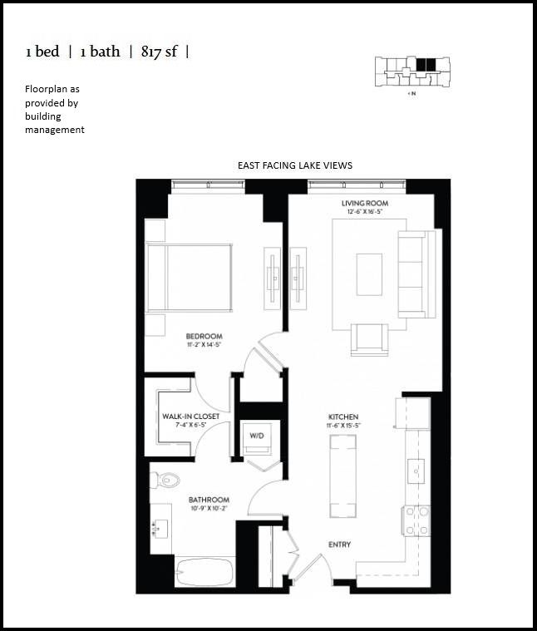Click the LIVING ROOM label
365,204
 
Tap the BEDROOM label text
204,337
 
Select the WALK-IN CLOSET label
190,416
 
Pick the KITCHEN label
342,417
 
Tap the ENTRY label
339,545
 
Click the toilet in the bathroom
166,480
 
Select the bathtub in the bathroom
204,573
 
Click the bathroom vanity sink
160,527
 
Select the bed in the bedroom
191,279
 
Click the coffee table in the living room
369,274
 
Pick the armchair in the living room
368,338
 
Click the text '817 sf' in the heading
163,52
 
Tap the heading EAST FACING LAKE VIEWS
295,165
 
